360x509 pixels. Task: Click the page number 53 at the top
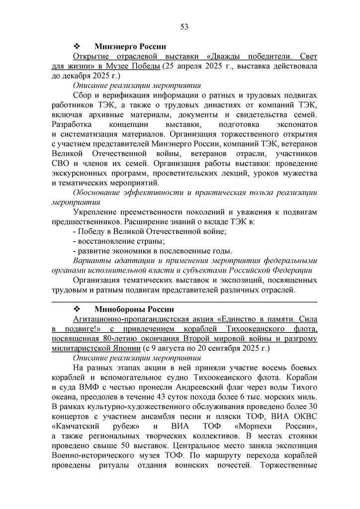[183, 26]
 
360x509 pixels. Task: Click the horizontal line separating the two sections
[184, 302]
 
